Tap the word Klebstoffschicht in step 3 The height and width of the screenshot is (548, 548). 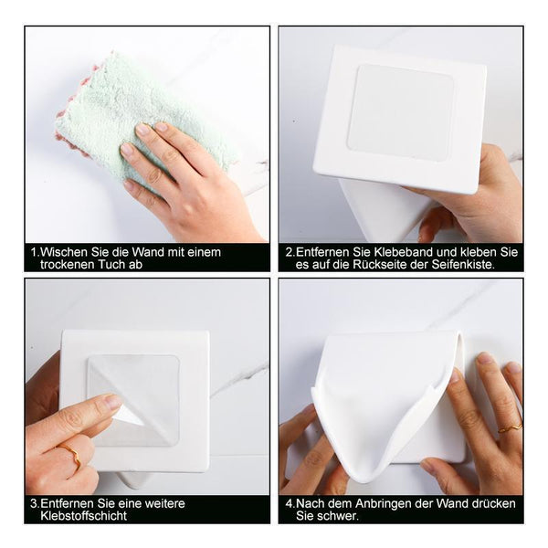coord(84,516)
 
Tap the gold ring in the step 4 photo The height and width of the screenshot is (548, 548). coord(511,427)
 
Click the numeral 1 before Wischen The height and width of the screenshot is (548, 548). coord(34,252)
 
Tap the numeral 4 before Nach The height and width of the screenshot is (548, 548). coord(289,503)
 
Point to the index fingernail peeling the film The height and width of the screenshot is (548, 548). coord(113,401)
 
